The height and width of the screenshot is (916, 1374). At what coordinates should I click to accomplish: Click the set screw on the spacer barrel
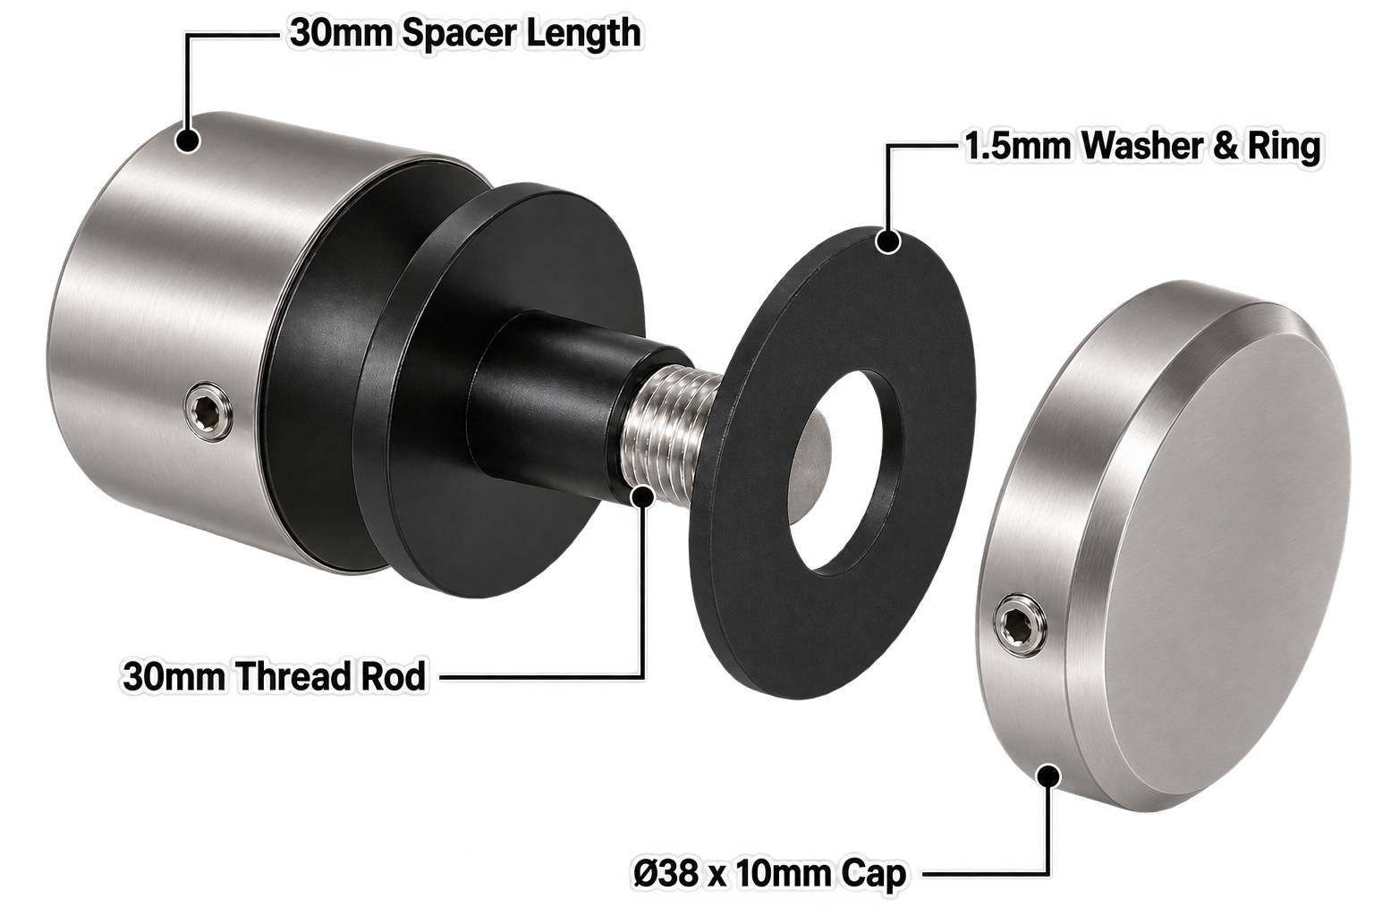pos(210,411)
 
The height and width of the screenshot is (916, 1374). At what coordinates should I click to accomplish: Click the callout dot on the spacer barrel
pos(188,140)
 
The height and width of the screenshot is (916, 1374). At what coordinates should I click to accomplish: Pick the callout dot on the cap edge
pos(1048,776)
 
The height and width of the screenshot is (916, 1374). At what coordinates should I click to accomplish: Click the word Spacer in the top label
pos(459,33)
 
